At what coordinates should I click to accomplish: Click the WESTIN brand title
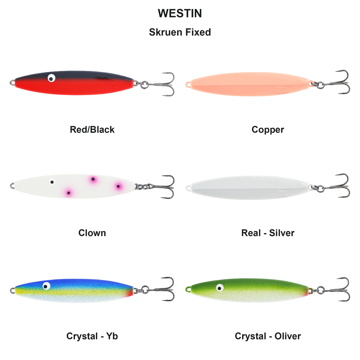[x=180, y=13]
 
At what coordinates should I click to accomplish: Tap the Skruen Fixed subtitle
[x=180, y=32]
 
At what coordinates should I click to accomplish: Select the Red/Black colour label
[x=92, y=130]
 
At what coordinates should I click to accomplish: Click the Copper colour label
[x=268, y=130]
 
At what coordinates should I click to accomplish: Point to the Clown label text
[x=92, y=233]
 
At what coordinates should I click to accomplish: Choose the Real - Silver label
[x=268, y=233]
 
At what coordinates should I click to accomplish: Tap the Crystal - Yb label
[x=92, y=336]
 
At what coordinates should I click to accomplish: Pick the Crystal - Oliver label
[x=268, y=336]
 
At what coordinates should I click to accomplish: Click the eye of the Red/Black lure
[x=51, y=78]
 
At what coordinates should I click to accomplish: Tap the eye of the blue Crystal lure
[x=46, y=286]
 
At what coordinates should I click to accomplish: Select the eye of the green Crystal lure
[x=220, y=288]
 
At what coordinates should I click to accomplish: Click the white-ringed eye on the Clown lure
[x=52, y=182]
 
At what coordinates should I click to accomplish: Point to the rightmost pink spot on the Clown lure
[x=118, y=186]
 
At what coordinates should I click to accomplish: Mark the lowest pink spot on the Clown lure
[x=69, y=193]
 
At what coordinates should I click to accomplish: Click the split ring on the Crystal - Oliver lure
[x=321, y=290]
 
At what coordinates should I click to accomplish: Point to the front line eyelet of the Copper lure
[x=188, y=84]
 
